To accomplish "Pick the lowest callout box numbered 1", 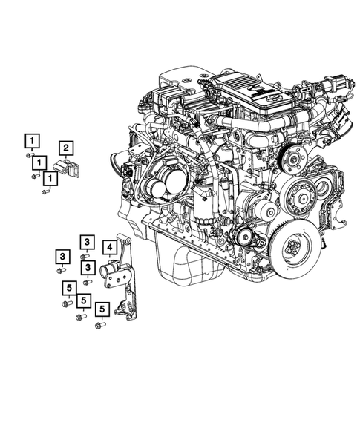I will point(49,177).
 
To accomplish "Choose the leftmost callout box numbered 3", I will point(62,257).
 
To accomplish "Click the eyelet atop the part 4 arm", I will point(125,240).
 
